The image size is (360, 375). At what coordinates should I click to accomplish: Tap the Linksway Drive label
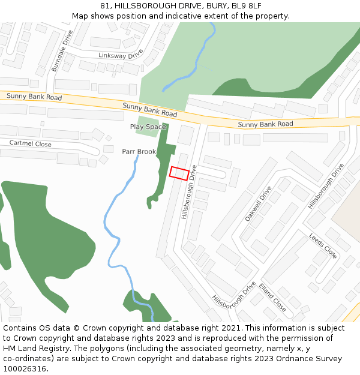[121, 55]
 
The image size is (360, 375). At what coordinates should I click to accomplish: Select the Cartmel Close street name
[31, 144]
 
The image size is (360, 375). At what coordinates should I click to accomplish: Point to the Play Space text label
[148, 127]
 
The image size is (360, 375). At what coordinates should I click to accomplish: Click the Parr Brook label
[139, 152]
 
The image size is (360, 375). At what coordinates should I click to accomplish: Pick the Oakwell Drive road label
[258, 204]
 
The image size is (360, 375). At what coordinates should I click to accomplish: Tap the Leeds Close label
[323, 245]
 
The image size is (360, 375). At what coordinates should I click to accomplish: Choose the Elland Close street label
[272, 296]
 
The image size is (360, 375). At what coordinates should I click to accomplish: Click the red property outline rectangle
[179, 173]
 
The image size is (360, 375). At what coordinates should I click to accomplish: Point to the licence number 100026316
[25, 369]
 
